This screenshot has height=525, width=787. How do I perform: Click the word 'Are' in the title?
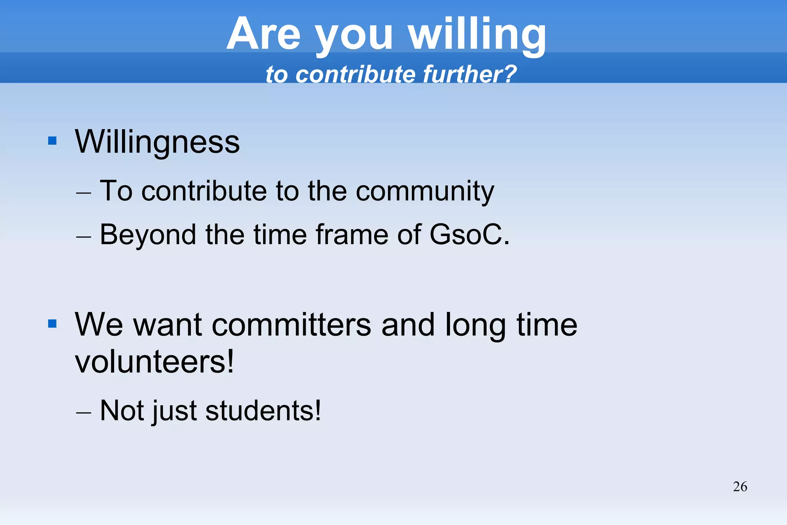pos(263,35)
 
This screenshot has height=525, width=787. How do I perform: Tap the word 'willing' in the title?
pos(477,35)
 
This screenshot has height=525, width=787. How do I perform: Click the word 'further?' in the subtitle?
pos(470,74)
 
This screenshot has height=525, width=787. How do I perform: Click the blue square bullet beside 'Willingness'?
pos(52,141)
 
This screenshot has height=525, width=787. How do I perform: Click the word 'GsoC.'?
pos(470,234)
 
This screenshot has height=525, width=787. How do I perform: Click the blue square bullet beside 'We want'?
pos(52,324)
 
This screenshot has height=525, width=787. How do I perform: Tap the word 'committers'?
pos(291,325)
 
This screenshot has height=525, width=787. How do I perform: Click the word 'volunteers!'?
pos(154,362)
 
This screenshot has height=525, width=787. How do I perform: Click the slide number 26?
pos(740,487)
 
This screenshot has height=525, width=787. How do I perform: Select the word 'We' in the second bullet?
pos(99,325)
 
